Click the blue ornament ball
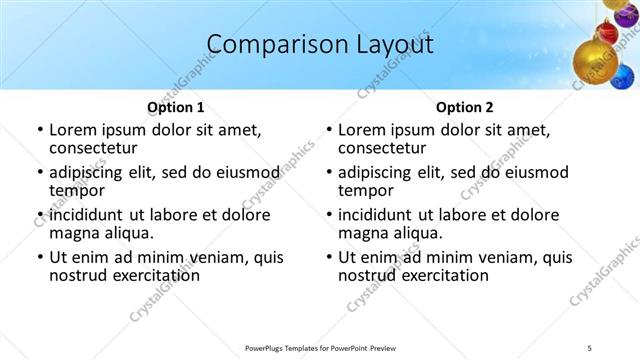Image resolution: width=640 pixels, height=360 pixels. tap(623, 78)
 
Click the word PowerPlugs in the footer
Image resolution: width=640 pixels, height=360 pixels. tap(267, 347)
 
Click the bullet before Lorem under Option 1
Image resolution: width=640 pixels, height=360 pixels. tap(39, 130)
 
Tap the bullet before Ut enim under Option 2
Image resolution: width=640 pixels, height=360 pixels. tap(329, 258)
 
